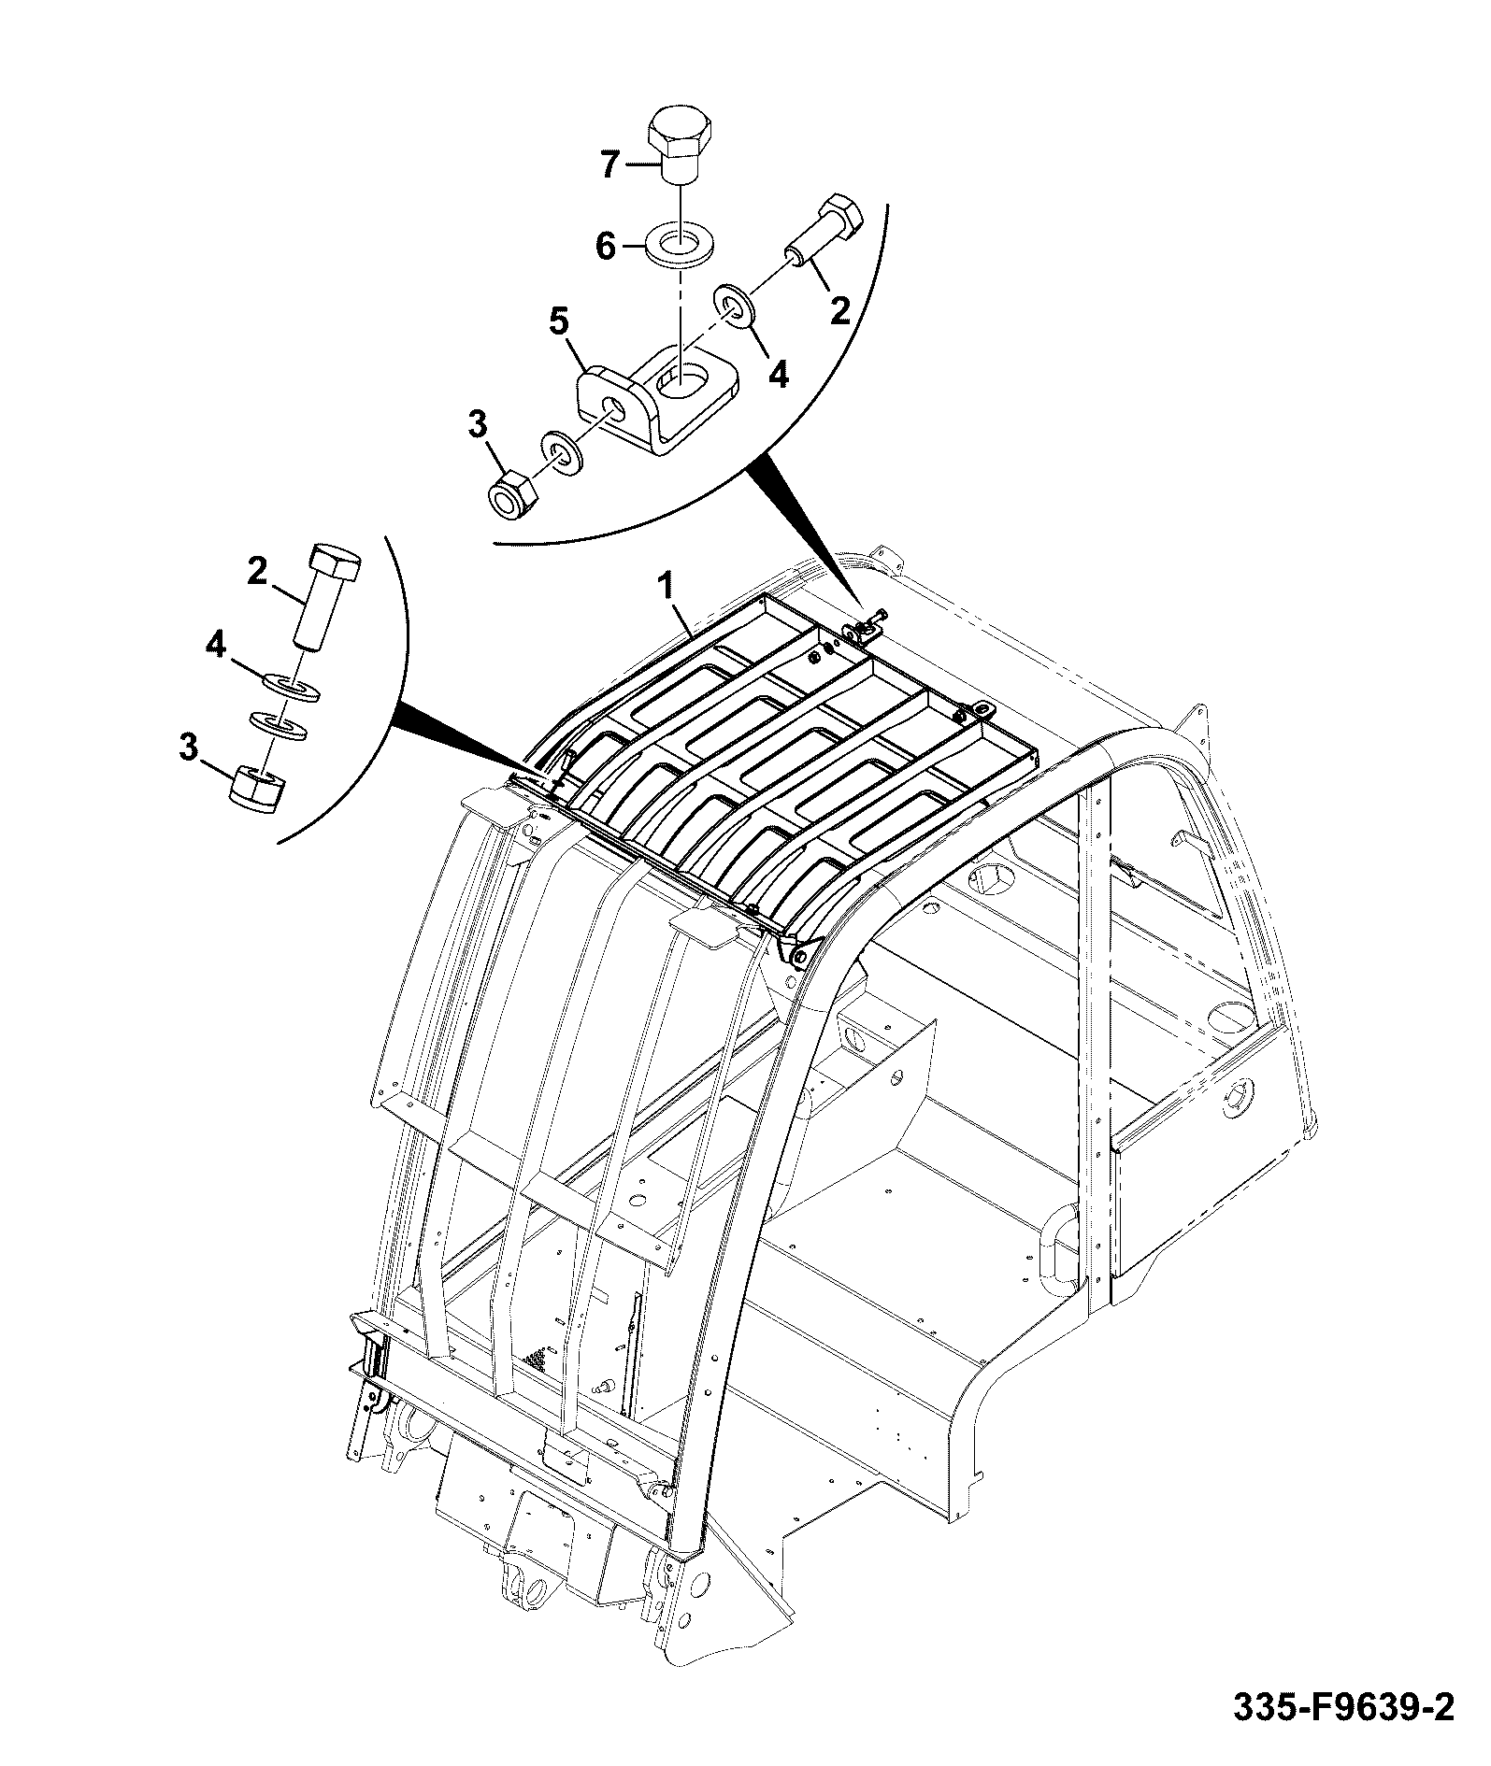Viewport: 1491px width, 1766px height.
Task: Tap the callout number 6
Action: point(606,248)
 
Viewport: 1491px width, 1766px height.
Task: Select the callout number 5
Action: point(558,322)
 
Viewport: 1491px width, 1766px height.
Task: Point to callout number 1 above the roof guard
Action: point(667,588)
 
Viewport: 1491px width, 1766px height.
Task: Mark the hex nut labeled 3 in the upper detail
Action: point(512,493)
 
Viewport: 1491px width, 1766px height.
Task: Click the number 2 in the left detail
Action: point(257,571)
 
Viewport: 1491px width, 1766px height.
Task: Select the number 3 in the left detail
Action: point(190,748)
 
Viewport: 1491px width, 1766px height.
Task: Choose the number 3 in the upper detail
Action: point(477,426)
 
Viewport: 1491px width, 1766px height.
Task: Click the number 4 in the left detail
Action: point(216,644)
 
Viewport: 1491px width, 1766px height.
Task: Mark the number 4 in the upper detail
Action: point(779,375)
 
